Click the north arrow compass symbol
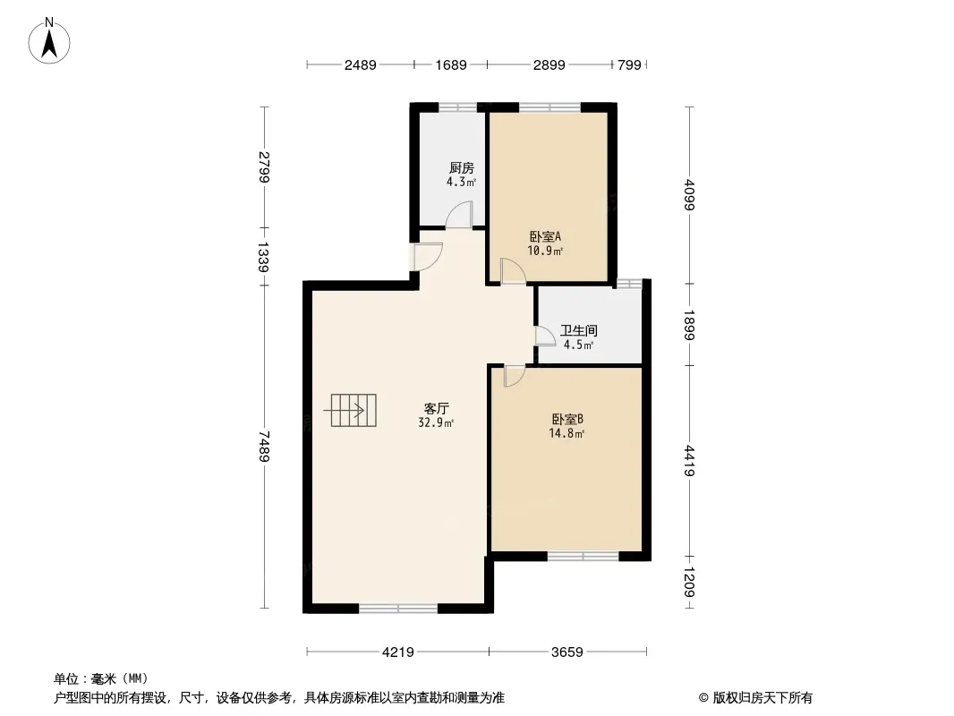[49, 41]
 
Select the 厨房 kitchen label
[461, 167]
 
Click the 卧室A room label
[544, 236]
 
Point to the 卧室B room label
[567, 419]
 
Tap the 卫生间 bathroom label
[579, 330]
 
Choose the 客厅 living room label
[436, 408]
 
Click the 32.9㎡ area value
[436, 422]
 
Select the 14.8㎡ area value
[567, 434]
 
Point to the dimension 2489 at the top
[360, 65]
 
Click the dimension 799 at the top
[630, 65]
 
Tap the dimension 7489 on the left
[263, 446]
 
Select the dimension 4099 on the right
[689, 194]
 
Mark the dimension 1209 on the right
[689, 582]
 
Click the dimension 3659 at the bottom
[567, 652]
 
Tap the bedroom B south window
[583, 556]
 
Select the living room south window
[398, 608]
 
